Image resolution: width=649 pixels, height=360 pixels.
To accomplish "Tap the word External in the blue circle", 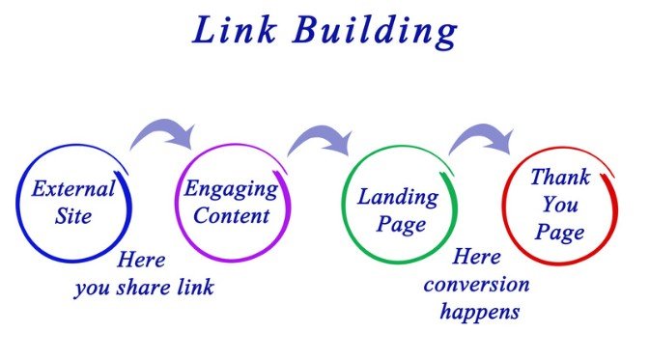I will click(x=73, y=188).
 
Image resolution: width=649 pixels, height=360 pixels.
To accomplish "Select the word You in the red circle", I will click(x=560, y=205).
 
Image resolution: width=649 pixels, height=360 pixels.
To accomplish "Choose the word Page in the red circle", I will click(x=560, y=232).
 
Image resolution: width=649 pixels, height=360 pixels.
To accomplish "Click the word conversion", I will click(x=476, y=287).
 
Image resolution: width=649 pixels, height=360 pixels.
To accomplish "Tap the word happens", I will click(x=479, y=313).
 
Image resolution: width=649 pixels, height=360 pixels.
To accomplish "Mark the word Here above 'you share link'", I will click(x=142, y=261).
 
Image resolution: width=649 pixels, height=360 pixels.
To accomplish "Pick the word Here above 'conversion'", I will click(x=477, y=260).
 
